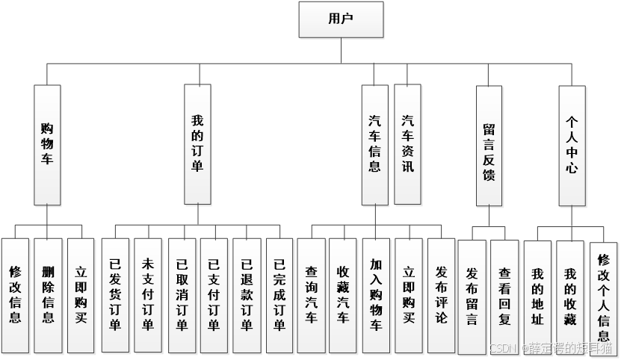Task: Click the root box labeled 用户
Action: (x=341, y=19)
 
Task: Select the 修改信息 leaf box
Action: (x=15, y=296)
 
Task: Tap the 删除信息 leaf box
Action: (x=48, y=296)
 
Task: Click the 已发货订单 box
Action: (x=115, y=296)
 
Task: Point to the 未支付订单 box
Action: (x=148, y=296)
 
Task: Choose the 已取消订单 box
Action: (x=182, y=296)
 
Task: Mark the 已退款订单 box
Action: (x=247, y=296)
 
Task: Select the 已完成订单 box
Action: (x=279, y=296)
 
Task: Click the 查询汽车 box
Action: (x=311, y=296)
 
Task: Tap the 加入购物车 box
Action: (x=376, y=296)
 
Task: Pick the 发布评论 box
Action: (x=441, y=296)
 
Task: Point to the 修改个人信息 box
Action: (x=604, y=299)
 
